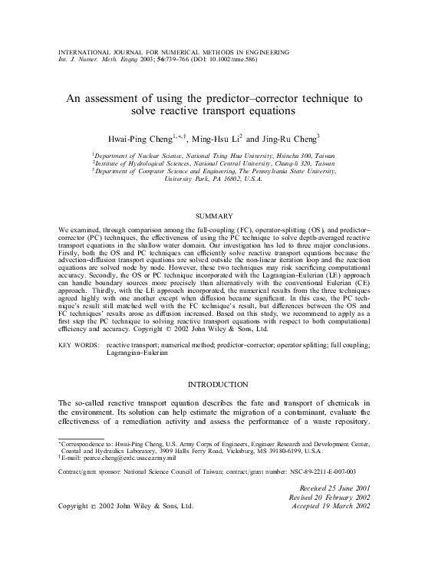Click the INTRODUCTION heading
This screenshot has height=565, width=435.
click(217, 383)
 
